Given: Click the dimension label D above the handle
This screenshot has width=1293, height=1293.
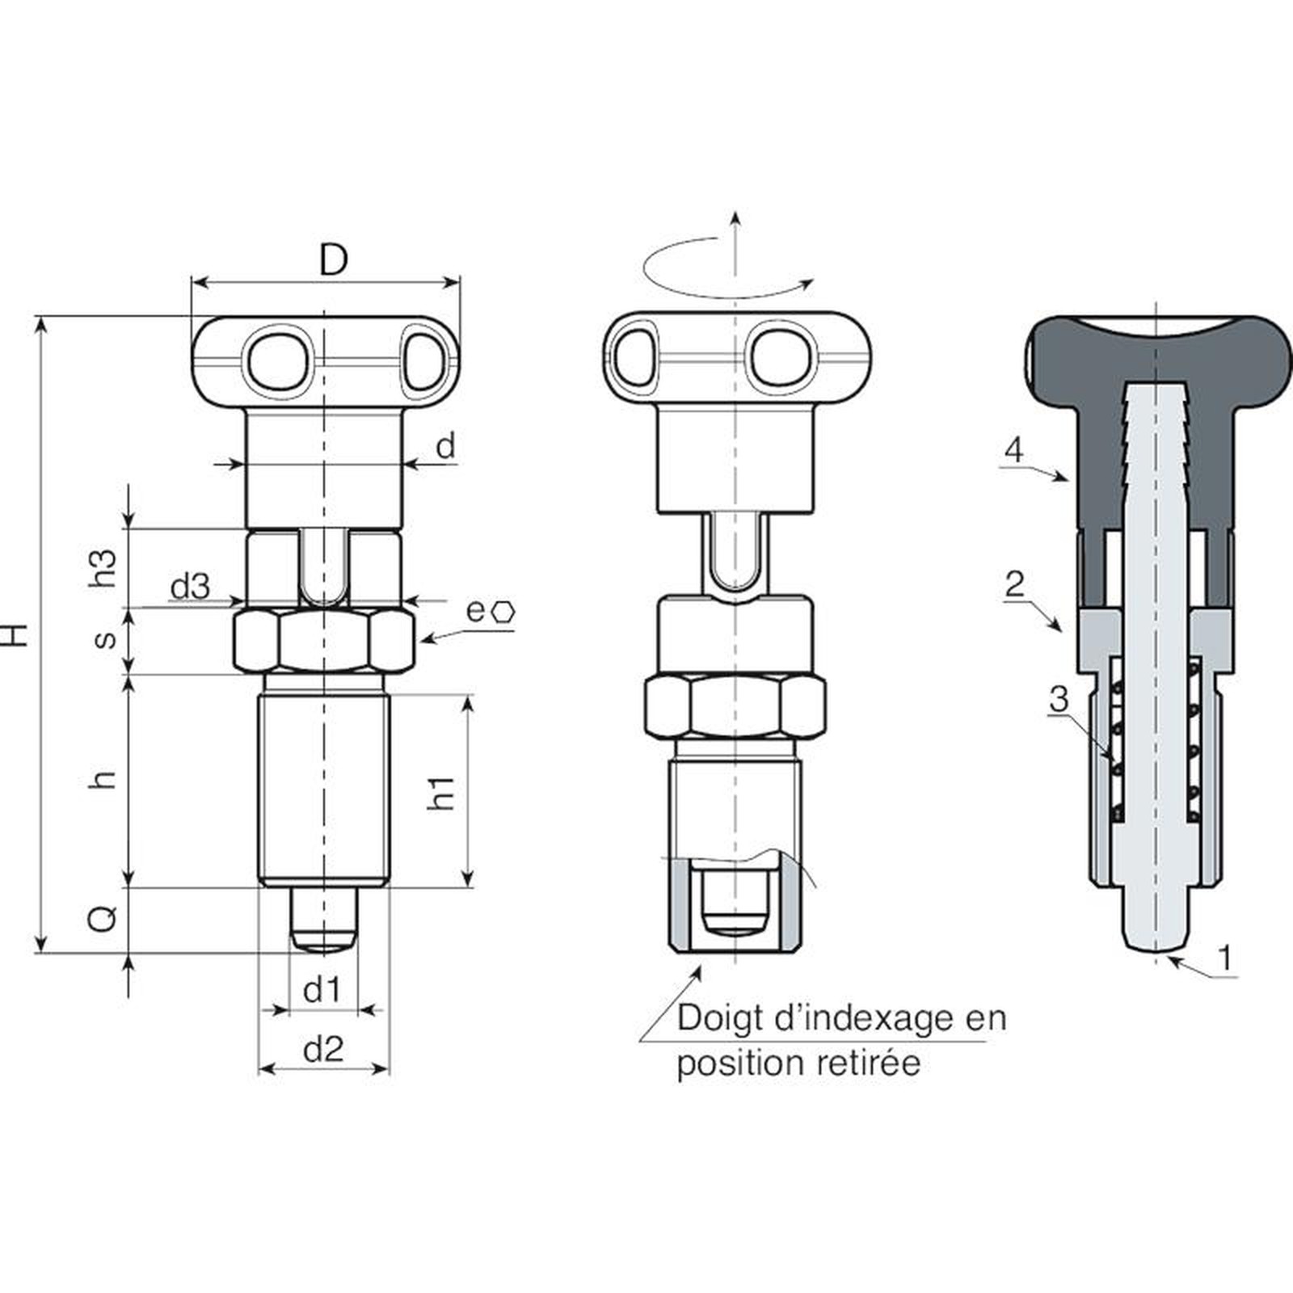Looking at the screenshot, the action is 333,260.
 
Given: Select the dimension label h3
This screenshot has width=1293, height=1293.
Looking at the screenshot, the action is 104,568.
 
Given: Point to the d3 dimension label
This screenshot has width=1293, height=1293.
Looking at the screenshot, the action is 190,587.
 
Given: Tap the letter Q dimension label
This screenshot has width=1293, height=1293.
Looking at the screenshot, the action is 103,918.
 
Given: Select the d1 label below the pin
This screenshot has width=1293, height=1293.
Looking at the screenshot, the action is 322,989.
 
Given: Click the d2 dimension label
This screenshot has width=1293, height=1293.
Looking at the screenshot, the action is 323,1049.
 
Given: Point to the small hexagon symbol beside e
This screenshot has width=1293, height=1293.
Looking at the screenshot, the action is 503,612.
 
